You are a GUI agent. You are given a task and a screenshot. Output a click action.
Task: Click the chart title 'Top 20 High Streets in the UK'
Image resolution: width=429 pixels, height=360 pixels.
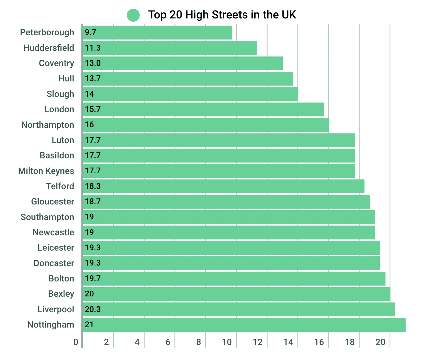tap(222, 15)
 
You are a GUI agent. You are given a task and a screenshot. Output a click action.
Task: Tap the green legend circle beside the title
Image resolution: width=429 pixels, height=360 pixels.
tap(133, 15)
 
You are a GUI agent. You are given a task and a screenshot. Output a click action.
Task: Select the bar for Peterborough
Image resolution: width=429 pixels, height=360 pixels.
tap(157, 32)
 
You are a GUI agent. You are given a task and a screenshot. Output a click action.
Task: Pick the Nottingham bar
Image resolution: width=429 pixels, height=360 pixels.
tap(244, 324)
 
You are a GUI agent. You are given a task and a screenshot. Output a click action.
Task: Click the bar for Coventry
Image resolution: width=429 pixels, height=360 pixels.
tap(183, 63)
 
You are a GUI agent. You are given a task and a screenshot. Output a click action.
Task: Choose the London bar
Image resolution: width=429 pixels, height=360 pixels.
tap(203, 109)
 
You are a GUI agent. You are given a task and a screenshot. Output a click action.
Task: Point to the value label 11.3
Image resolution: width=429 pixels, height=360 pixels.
tap(93, 48)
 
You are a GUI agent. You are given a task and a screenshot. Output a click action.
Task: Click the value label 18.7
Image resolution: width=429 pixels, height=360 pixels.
tap(93, 202)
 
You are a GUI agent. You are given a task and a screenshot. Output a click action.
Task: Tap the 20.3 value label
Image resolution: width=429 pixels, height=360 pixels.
tap(93, 309)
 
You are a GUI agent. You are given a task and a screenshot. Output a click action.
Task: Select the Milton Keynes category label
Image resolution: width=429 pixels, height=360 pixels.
tap(46, 171)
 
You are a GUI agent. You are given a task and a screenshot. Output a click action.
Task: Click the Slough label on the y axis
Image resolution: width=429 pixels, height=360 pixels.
tap(60, 94)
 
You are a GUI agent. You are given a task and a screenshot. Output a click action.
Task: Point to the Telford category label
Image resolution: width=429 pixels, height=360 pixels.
tap(60, 186)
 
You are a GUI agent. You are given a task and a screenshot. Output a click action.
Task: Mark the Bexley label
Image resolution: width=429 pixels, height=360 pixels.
tap(61, 294)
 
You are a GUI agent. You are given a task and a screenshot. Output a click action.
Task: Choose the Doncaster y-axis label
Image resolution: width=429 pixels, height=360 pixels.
tap(54, 263)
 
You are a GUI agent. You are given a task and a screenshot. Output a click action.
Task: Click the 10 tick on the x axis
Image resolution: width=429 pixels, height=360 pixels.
tap(227, 342)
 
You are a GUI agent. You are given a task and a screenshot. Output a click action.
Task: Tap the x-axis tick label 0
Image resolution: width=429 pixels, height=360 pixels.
tap(76, 342)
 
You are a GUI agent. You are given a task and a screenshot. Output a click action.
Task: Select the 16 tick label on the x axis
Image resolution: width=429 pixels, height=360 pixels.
tap(319, 342)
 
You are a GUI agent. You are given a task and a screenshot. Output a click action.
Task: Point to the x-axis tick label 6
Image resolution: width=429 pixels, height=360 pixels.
tap(168, 342)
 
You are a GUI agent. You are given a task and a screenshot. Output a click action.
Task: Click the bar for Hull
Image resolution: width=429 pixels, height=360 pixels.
tap(188, 79)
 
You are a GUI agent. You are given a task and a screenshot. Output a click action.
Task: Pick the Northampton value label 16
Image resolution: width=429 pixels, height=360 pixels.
tap(89, 125)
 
